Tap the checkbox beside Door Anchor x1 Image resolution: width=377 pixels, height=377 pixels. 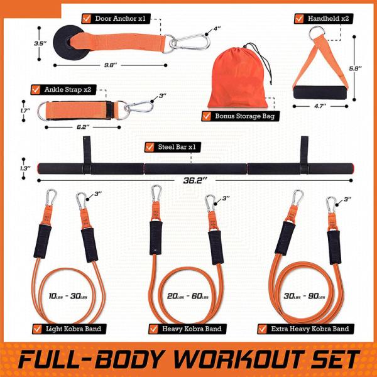tap(87, 18)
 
